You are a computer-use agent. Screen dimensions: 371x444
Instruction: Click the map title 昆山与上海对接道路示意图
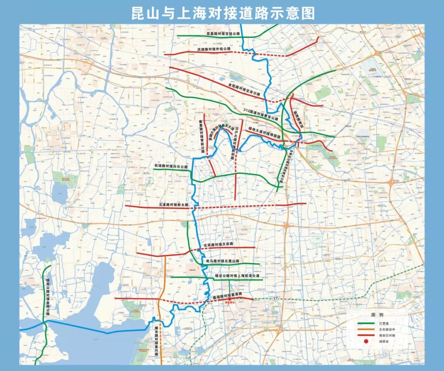tap(222, 13)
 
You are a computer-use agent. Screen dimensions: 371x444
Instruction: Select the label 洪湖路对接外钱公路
tap(214, 49)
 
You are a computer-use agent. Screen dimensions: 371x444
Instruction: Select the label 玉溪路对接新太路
tap(173, 204)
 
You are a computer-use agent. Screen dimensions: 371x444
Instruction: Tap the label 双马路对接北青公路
tap(222, 261)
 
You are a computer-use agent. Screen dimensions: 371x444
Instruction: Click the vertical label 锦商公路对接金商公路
tap(48, 296)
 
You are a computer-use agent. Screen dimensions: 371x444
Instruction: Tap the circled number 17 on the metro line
tap(275, 298)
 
